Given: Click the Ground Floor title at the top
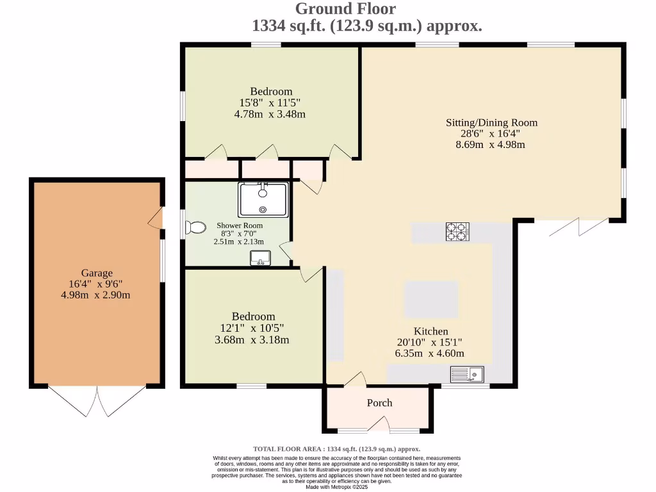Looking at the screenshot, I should click(x=345, y=9).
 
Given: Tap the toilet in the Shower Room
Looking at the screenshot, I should click(x=194, y=228).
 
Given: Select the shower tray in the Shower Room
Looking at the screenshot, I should click(x=263, y=200).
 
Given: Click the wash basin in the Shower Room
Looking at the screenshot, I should click(x=261, y=258).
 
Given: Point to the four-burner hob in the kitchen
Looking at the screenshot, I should click(x=457, y=231).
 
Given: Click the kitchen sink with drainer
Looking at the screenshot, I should click(x=469, y=374).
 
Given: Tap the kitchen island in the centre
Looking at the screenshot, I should click(x=431, y=299).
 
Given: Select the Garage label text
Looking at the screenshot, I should click(x=97, y=273).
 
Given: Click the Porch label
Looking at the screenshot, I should click(x=379, y=403).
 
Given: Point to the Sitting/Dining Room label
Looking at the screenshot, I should click(x=491, y=122).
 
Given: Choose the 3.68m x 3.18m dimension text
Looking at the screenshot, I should click(x=252, y=340).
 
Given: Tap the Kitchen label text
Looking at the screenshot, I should click(x=430, y=331).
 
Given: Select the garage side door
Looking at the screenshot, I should click(x=156, y=219).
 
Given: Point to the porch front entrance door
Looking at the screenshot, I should click(x=379, y=425).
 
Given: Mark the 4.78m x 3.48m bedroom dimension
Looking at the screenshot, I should click(x=270, y=114).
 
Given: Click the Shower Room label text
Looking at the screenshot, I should click(x=239, y=225).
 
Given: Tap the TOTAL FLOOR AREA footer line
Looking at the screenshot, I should click(x=337, y=449).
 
